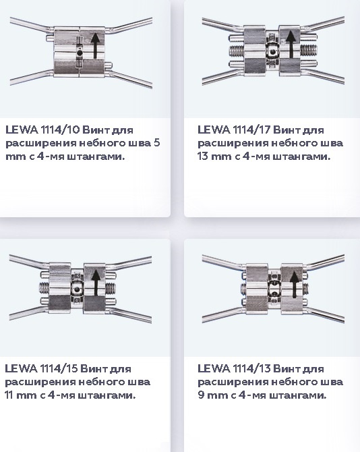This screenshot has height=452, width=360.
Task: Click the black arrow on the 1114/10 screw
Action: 96,46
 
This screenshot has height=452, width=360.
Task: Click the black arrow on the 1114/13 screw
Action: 295,285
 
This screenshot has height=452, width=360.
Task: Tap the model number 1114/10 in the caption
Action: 60,130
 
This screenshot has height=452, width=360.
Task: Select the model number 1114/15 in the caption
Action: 59,369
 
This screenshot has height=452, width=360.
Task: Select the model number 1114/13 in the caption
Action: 251,369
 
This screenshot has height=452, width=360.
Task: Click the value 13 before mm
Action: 202,157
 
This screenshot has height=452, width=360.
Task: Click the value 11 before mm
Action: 9,395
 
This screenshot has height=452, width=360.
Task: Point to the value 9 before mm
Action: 201,395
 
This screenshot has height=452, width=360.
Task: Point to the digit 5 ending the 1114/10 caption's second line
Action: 156,143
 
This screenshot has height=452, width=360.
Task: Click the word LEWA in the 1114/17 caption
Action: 214,130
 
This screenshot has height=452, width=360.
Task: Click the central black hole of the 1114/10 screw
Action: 80,53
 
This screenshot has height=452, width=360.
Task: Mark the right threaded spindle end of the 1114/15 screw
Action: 111,287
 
